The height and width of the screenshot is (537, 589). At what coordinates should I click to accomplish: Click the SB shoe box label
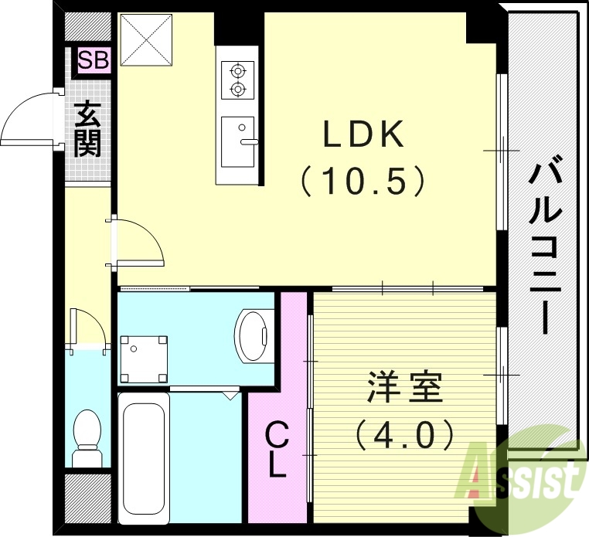[94, 59]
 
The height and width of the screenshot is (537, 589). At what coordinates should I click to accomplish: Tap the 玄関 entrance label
[87, 131]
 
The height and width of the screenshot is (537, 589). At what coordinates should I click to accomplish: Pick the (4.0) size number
[404, 436]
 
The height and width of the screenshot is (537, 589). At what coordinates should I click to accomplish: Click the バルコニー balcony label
[544, 243]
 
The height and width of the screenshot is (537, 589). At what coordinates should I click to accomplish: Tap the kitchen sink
[238, 141]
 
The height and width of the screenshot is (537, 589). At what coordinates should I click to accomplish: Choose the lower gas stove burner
[237, 90]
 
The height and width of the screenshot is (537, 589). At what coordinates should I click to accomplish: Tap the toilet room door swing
[86, 328]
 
